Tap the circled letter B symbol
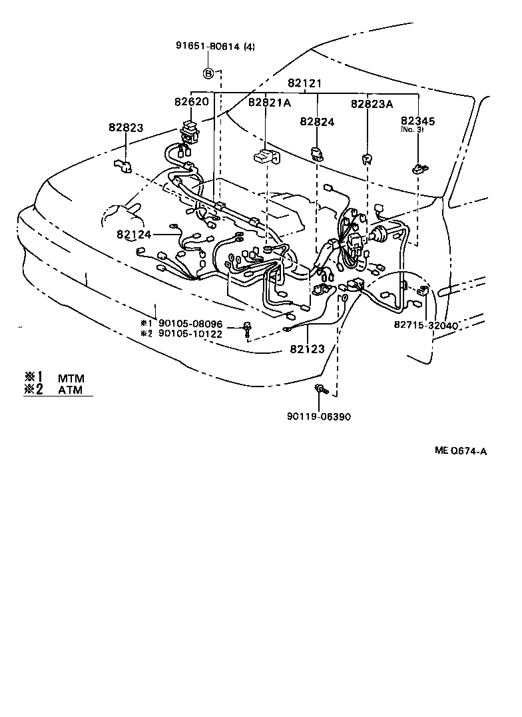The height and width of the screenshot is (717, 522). [208, 73]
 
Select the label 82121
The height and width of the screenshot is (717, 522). [305, 83]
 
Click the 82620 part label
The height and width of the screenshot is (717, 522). [192, 102]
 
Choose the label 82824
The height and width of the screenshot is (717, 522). [317, 121]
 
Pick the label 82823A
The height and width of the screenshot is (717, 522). [372, 103]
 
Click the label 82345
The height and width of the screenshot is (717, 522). [418, 121]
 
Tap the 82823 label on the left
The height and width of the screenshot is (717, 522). [127, 127]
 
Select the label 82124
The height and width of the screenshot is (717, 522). [134, 235]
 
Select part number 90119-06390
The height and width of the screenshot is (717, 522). [319, 416]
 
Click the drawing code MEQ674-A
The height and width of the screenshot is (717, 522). [461, 451]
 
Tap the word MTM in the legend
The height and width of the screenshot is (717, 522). [71, 378]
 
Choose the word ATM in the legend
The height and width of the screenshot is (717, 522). [70, 390]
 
